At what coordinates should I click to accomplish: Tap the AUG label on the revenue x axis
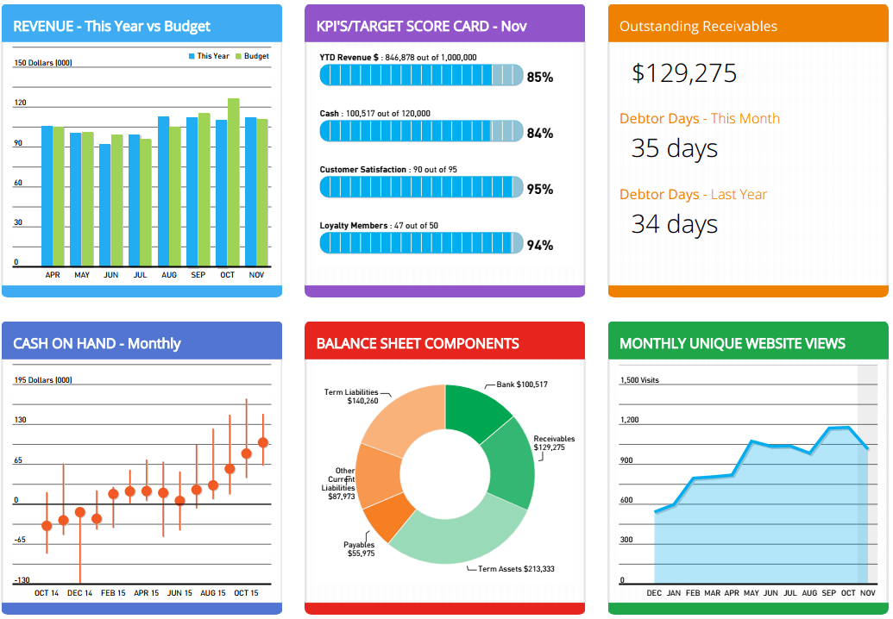pyautogui.click(x=169, y=275)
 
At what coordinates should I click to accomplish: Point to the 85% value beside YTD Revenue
pyautogui.click(x=539, y=78)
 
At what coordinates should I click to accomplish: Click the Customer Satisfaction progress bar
pyautogui.click(x=421, y=187)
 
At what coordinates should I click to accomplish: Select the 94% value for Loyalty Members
pyautogui.click(x=539, y=246)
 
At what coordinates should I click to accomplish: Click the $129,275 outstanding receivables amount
pyautogui.click(x=684, y=73)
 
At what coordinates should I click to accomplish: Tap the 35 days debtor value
pyautogui.click(x=674, y=148)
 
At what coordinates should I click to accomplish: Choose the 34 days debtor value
pyautogui.click(x=674, y=224)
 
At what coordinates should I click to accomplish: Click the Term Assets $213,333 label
pyautogui.click(x=515, y=569)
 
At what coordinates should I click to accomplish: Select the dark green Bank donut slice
pyautogui.click(x=477, y=412)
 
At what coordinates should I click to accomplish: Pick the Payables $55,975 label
pyautogui.click(x=359, y=549)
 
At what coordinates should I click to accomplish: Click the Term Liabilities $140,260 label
pyautogui.click(x=351, y=397)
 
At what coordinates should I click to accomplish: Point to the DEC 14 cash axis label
pyautogui.click(x=79, y=593)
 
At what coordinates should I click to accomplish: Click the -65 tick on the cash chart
pyautogui.click(x=20, y=540)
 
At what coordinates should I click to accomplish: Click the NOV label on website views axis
pyautogui.click(x=868, y=593)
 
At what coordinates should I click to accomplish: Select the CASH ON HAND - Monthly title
pyautogui.click(x=97, y=343)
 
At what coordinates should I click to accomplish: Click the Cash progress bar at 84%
pyautogui.click(x=421, y=131)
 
